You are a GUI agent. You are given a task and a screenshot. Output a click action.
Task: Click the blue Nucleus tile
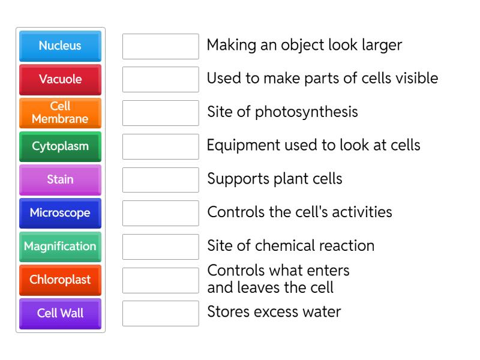pos(60,46)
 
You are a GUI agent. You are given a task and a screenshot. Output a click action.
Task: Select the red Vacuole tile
pos(60,79)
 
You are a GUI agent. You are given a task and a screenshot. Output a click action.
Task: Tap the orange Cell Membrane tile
pos(60,113)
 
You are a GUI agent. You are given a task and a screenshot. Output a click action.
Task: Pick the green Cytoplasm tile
pos(60,146)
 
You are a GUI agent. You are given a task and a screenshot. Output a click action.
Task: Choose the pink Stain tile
pos(60,179)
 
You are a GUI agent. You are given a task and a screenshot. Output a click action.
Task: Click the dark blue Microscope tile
pos(60,213)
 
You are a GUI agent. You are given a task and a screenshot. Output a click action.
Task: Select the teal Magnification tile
pos(60,247)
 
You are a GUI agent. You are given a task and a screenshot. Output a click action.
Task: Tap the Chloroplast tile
pos(60,280)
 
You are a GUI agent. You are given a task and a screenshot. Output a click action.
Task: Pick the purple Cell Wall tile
pos(60,313)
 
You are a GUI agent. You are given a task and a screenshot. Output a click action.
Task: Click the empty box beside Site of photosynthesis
pos(160,113)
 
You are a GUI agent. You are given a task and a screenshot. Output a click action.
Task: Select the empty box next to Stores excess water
pos(160,313)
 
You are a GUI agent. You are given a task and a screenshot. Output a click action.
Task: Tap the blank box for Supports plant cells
pos(160,180)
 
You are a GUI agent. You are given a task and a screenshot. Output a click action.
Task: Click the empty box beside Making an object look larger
pos(160,46)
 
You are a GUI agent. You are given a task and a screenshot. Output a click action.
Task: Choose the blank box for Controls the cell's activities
pos(160,213)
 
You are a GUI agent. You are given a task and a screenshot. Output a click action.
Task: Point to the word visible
pos(415,79)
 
